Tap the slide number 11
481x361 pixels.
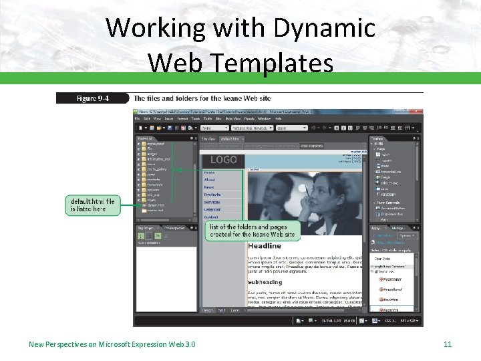click(448, 344)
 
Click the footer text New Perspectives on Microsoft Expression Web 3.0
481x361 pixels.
click(112, 344)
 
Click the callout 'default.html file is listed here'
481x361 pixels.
click(93, 205)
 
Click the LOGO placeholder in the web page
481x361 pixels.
click(223, 160)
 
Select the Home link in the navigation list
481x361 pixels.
click(209, 172)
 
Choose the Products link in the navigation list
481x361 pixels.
click(212, 195)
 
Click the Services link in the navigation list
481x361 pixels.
click(212, 202)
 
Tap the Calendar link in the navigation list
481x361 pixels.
click(212, 209)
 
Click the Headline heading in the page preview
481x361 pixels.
click(265, 246)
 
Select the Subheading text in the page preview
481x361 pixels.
click(265, 282)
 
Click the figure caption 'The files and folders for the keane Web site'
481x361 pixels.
click(202, 99)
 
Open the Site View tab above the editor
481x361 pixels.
click(208, 139)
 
